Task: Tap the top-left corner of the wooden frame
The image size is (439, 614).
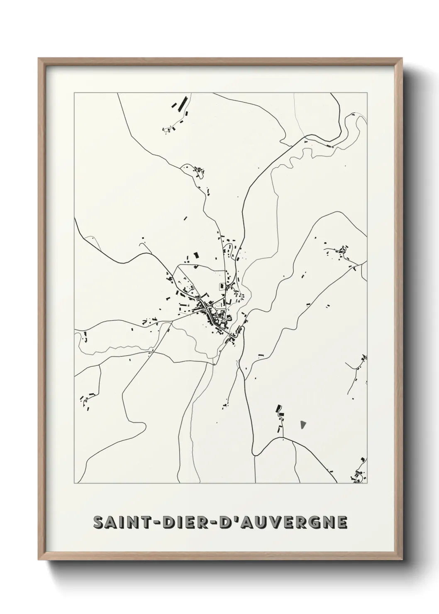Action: pyautogui.click(x=39, y=58)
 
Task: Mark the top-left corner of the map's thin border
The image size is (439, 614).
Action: pyautogui.click(x=74, y=93)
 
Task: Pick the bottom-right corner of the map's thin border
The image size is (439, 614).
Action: pyautogui.click(x=367, y=483)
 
